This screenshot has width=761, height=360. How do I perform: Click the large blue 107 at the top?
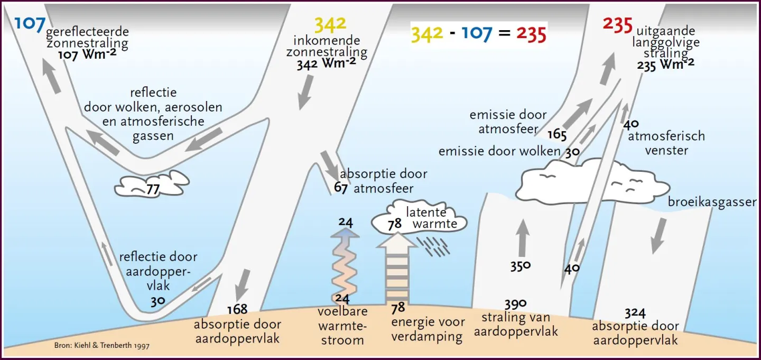pyautogui.click(x=30, y=24)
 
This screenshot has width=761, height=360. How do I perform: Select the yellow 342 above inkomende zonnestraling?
pyautogui.click(x=330, y=24)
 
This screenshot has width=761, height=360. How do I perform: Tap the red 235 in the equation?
pyautogui.click(x=531, y=34)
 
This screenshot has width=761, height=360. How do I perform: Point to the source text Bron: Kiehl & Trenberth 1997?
pyautogui.click(x=101, y=345)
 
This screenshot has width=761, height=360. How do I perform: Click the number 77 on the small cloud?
pyautogui.click(x=153, y=189)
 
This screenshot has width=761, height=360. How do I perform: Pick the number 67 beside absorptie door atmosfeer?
pyautogui.click(x=340, y=187)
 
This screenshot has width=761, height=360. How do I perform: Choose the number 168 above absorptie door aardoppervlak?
pyautogui.click(x=237, y=309)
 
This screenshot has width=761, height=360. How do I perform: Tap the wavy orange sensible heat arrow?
pyautogui.click(x=345, y=265)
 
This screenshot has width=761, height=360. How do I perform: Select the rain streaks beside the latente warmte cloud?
pyautogui.click(x=433, y=246)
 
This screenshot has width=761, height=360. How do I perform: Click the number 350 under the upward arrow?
pyautogui.click(x=520, y=266)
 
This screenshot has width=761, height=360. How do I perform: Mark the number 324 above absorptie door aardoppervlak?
pyautogui.click(x=635, y=313)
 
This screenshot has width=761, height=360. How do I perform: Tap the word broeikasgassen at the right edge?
pyautogui.click(x=712, y=202)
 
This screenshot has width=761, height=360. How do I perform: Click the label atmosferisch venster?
pyautogui.click(x=666, y=143)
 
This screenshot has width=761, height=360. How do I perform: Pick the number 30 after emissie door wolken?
pyautogui.click(x=572, y=152)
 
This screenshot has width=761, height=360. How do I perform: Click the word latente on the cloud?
pyautogui.click(x=426, y=213)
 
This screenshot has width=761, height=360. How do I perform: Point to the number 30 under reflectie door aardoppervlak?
pyautogui.click(x=158, y=301)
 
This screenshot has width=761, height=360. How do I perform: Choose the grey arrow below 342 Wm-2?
pyautogui.click(x=305, y=92)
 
